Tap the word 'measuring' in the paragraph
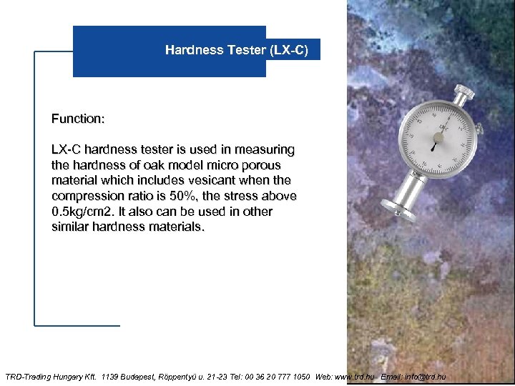point(267,149)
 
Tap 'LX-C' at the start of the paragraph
point(67,149)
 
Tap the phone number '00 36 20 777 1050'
point(275,376)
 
